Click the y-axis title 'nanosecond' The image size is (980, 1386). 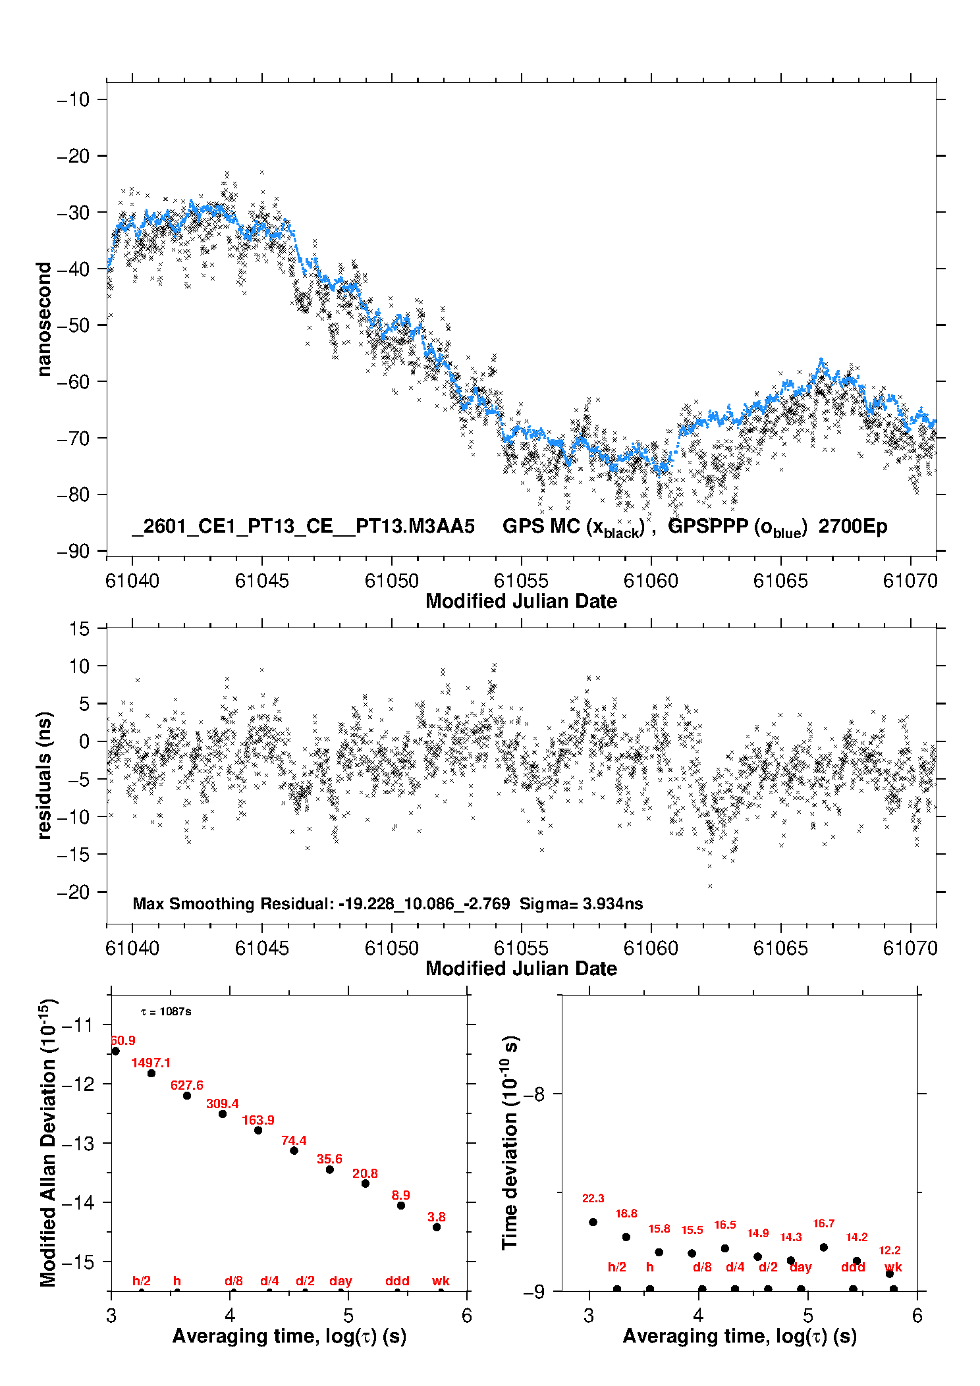pos(44,319)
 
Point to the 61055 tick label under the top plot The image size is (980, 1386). pos(521,581)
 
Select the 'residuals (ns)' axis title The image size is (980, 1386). pos(44,775)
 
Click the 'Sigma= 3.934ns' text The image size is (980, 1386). pos(581,903)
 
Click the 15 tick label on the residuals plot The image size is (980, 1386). pos(79,629)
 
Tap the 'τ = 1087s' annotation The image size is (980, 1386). pos(166,1011)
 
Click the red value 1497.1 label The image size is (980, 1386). pos(151,1063)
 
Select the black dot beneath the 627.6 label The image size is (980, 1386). pos(187,1096)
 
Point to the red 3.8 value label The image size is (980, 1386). pos(436,1217)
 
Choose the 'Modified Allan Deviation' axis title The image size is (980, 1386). pos(48,1143)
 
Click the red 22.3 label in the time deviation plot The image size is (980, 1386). pos(593,1198)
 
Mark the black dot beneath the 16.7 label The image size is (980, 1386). pos(823,1247)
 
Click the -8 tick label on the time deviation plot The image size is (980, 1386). pos(534,1094)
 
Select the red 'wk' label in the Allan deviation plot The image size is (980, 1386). pos(441,1281)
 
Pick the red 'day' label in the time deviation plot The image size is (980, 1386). pos(800,1267)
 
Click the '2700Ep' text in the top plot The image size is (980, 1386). pos(853,526)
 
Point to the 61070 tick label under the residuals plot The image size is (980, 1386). pos(910,948)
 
